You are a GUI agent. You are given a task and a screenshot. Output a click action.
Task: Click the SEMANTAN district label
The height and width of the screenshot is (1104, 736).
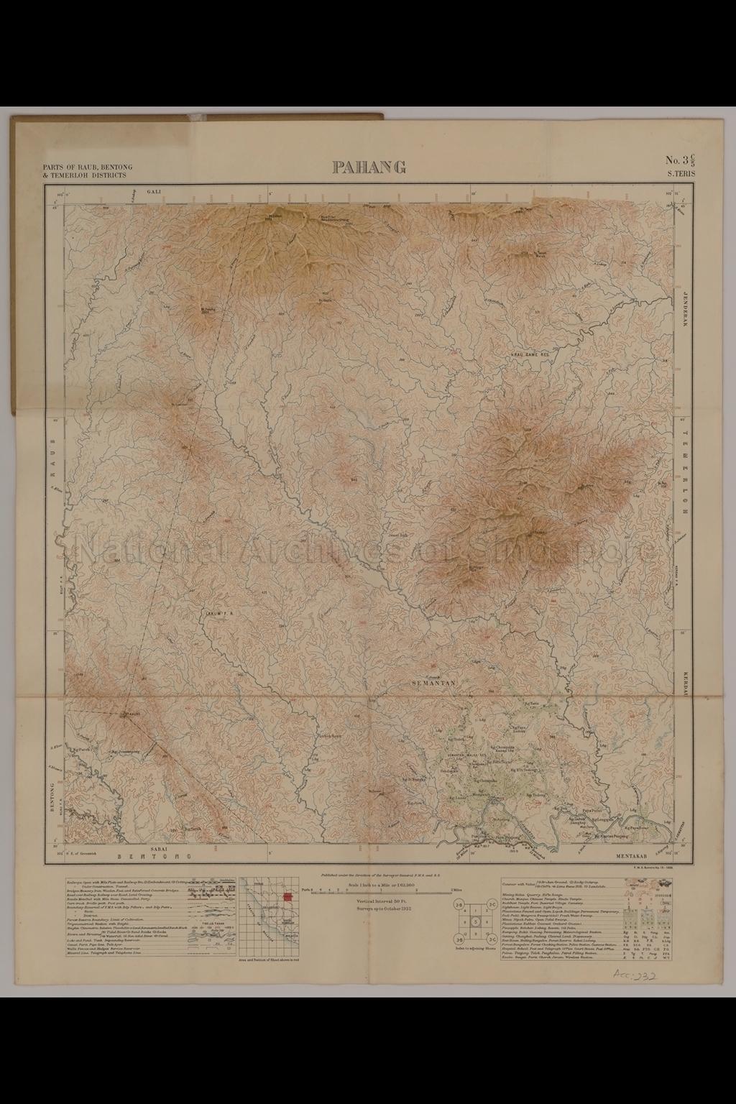tap(433, 683)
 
